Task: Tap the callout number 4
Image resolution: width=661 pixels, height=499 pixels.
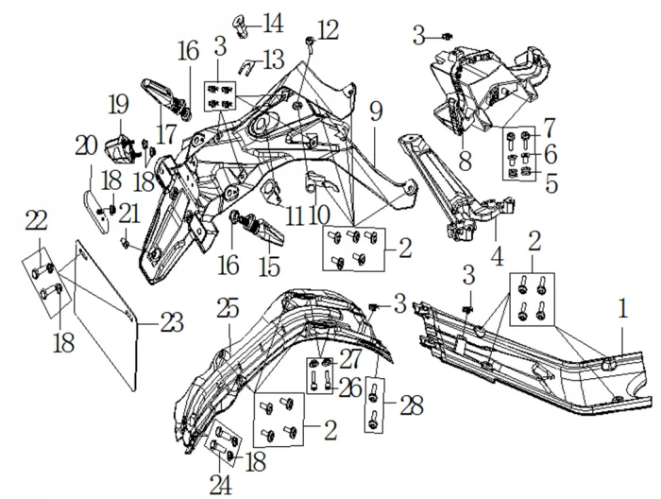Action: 495,255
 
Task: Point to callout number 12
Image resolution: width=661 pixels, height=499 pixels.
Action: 327,30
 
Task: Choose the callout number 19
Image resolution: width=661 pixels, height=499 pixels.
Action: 117,103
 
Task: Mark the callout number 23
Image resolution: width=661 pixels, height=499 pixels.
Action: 172,323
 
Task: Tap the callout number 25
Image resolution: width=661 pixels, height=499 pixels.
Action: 227,308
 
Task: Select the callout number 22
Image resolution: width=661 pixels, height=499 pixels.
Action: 36,220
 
